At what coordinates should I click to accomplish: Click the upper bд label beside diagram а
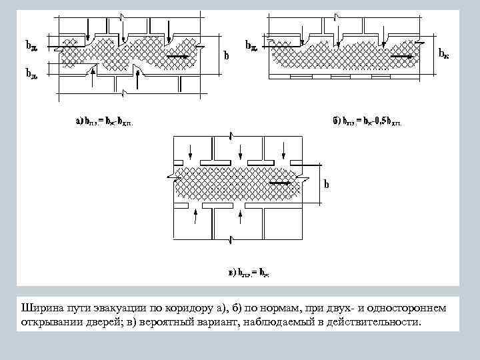click(x=31, y=45)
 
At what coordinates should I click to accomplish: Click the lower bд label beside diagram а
click(x=31, y=73)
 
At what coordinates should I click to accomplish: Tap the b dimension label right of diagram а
click(x=226, y=57)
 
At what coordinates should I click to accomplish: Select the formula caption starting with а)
click(x=107, y=121)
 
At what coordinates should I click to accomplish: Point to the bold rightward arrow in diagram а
click(x=177, y=57)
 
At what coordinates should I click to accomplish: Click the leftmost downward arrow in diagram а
click(x=87, y=27)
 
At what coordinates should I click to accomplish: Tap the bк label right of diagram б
click(x=443, y=53)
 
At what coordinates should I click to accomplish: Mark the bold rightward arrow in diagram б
click(x=402, y=57)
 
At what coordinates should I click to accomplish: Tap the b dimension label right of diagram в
click(x=327, y=184)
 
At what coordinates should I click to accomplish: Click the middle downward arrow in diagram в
click(x=238, y=148)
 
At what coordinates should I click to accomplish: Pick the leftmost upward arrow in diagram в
click(x=195, y=215)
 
